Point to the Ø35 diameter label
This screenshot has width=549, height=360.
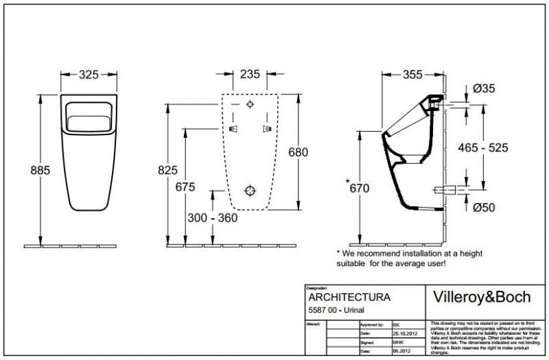(485, 88)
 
